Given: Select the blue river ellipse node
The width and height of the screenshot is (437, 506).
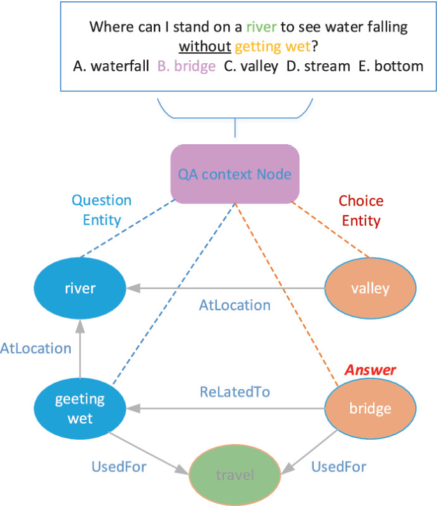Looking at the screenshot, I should coord(80,288).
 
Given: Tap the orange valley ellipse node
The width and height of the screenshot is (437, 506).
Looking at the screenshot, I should coord(370,288).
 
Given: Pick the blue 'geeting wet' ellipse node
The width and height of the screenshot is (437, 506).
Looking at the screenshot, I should coord(80,408).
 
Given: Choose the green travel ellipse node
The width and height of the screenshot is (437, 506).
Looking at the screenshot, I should coord(235,475).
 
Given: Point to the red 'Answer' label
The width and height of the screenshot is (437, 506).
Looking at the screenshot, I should coord(371,370).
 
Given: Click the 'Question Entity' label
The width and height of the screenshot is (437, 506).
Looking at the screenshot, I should coord(101,210).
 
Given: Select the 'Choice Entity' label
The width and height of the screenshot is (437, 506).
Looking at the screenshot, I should coord(361,211).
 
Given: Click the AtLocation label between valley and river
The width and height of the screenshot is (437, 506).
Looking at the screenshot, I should coord(235,305).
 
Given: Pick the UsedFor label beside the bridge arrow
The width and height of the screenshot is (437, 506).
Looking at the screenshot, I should coord(339,467).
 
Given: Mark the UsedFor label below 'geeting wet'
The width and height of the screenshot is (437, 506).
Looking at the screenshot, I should coord(119,467).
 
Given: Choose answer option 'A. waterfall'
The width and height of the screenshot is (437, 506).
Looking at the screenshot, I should coord(112,66).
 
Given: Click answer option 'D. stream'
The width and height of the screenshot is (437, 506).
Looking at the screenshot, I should coord(318,66).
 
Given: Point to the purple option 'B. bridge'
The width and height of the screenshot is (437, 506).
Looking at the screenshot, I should coord(186,66).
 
